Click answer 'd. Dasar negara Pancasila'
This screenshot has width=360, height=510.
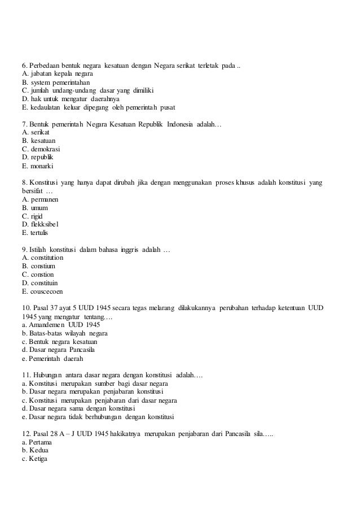(x=62, y=350)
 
